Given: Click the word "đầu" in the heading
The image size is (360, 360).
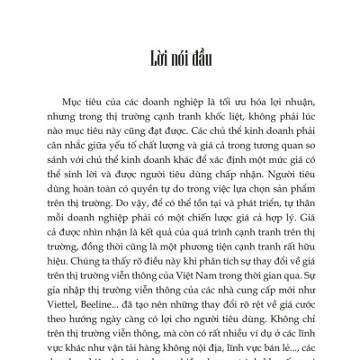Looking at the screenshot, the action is (201, 62).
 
